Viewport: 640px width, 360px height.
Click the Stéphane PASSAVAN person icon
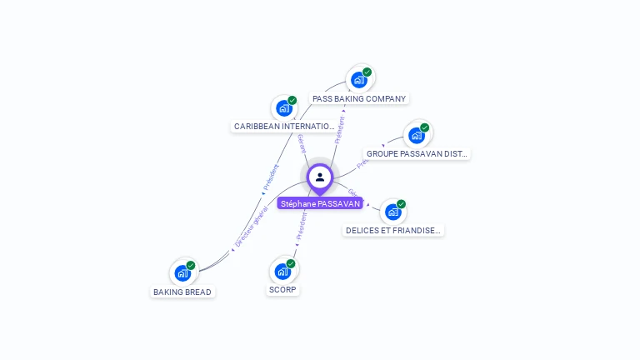(320, 177)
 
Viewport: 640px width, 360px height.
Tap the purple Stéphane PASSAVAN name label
(320, 203)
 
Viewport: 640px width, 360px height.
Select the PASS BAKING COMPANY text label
(359, 98)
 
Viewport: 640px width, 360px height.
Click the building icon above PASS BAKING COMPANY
(359, 80)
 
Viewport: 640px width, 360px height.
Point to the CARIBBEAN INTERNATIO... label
(284, 127)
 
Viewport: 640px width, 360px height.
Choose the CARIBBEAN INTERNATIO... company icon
(284, 108)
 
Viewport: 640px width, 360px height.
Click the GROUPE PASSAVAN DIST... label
(417, 154)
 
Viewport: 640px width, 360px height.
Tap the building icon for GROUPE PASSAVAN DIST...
(417, 135)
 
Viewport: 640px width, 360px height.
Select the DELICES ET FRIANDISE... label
(393, 231)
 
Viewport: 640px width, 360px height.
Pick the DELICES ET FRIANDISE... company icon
(393, 212)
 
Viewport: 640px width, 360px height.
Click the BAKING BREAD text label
(182, 292)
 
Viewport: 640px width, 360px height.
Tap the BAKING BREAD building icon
(182, 272)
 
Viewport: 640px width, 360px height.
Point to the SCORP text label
(283, 290)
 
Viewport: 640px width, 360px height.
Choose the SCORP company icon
(283, 271)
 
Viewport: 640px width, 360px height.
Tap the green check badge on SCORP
(292, 263)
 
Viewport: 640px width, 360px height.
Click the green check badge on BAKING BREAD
(191, 265)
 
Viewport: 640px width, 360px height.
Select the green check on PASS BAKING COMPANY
(367, 72)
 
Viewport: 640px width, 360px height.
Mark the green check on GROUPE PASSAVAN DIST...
(425, 127)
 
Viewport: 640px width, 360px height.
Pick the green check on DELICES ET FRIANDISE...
(402, 204)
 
